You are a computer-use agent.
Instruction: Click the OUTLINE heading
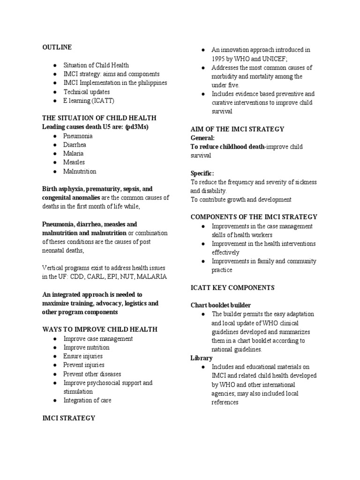57,47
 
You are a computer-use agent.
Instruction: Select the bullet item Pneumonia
78,136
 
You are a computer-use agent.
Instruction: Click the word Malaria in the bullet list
74,154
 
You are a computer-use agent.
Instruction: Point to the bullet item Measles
75,163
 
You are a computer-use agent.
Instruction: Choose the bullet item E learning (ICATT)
89,101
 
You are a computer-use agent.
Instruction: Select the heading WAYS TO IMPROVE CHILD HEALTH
99,330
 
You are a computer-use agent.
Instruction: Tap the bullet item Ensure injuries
83,356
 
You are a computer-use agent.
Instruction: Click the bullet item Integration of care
88,400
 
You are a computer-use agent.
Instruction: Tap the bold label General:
202,138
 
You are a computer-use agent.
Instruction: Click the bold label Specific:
202,173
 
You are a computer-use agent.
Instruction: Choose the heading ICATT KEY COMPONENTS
232,287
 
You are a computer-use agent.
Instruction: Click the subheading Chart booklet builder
220,305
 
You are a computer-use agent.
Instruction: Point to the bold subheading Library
201,358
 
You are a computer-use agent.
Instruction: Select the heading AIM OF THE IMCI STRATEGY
237,129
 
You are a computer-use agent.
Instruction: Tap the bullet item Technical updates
87,92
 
